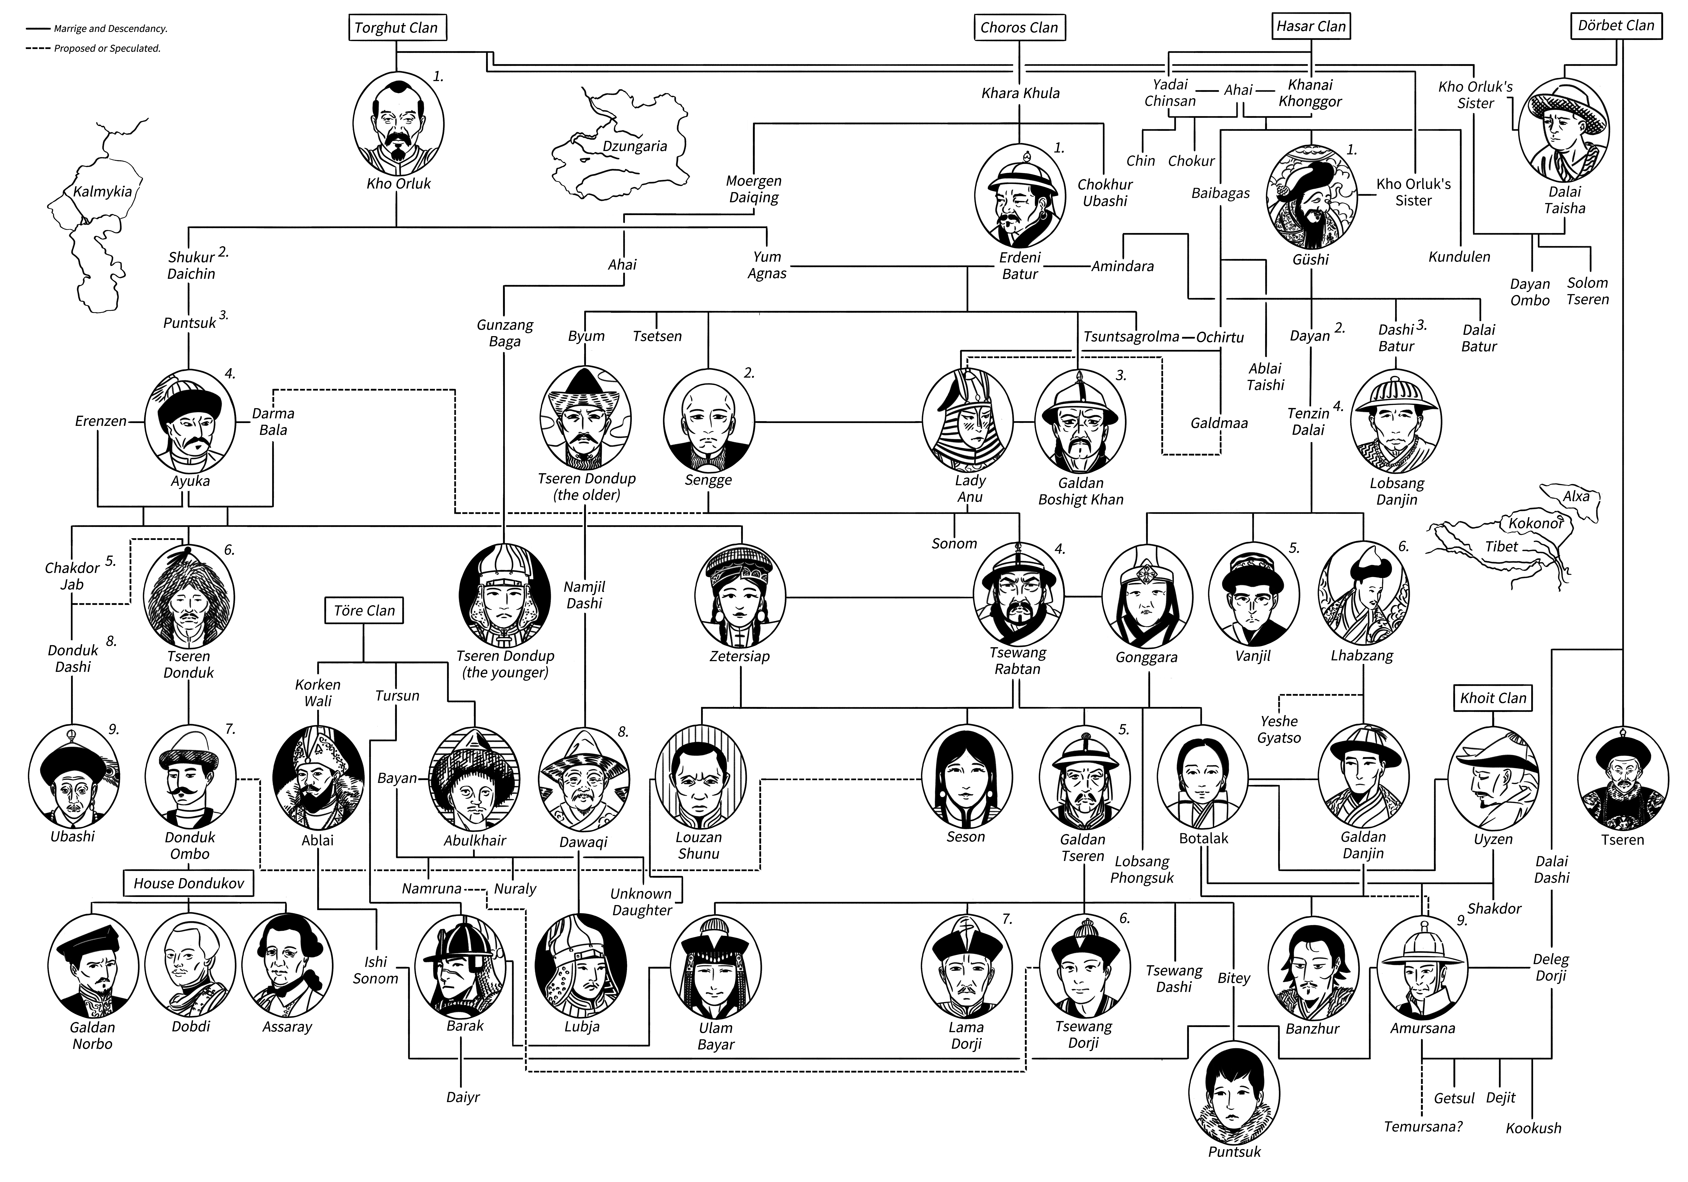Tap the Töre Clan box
(364, 610)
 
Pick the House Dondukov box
(189, 883)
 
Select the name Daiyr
(462, 1097)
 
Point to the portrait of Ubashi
(73, 775)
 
